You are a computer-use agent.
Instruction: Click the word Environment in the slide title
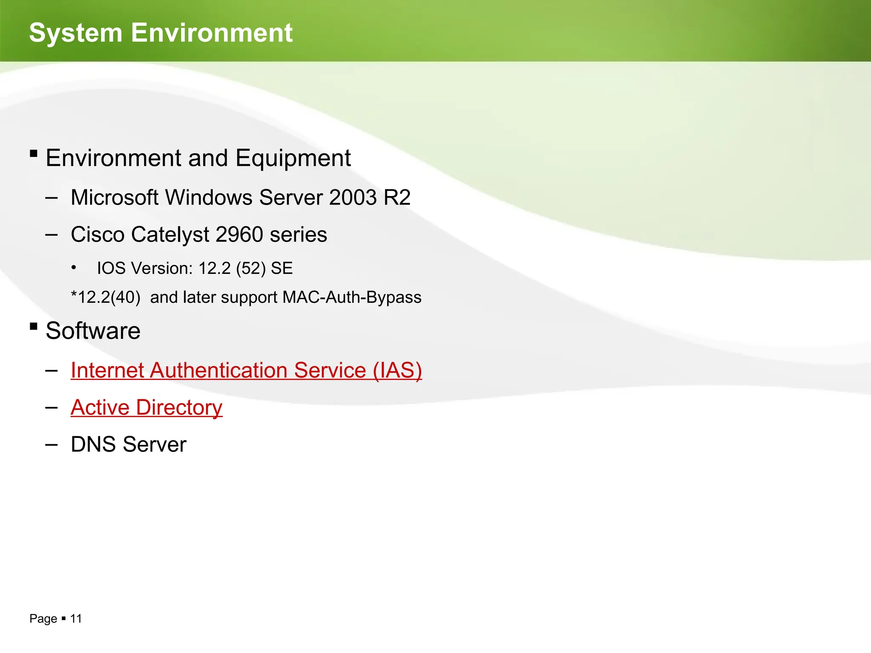click(212, 33)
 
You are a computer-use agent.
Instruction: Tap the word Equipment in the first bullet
click(293, 159)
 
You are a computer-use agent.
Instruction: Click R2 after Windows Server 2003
click(397, 198)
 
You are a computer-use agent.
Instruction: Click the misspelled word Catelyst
click(171, 235)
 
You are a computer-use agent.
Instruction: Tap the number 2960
click(239, 235)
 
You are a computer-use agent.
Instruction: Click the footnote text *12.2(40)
click(105, 297)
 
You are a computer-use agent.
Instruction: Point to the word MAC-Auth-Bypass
click(352, 297)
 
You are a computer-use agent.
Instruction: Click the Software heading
click(93, 331)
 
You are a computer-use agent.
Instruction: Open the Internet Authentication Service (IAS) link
click(246, 370)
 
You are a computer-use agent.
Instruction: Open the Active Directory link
click(147, 408)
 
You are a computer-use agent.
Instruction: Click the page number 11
click(76, 619)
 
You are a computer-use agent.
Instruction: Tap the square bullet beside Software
click(34, 326)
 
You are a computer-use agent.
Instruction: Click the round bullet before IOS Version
click(74, 268)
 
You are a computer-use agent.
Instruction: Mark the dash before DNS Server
click(51, 445)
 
